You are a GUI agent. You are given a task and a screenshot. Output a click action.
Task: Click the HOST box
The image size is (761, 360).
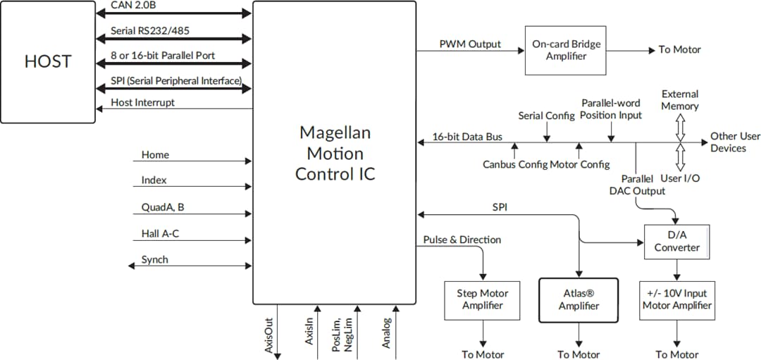(48, 62)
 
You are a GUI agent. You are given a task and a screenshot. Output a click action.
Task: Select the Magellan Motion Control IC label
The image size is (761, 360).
(335, 153)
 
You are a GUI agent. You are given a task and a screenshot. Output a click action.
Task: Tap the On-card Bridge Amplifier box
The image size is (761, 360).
(566, 50)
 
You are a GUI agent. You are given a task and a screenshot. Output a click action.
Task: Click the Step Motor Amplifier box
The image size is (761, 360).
(483, 299)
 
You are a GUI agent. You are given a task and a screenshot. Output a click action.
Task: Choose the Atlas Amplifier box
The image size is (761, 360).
(579, 299)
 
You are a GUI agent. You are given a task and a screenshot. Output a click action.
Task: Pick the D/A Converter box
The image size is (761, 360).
(676, 242)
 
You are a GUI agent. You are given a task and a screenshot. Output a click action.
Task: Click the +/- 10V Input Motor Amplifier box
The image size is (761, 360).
(676, 299)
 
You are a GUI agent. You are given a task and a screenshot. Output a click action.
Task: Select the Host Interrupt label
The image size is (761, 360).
(143, 102)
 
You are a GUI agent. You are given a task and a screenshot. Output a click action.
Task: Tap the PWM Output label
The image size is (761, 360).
(470, 44)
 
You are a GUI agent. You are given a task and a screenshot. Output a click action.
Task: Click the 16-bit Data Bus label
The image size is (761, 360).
(467, 137)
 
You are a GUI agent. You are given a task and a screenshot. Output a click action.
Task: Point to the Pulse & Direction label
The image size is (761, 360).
(462, 240)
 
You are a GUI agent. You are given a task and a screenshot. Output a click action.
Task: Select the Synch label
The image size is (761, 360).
(155, 259)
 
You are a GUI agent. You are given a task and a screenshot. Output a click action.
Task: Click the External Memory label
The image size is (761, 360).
(680, 100)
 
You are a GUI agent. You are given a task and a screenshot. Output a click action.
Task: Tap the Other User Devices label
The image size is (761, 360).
(735, 142)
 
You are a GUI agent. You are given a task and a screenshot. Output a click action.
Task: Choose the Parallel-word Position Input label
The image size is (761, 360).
(611, 109)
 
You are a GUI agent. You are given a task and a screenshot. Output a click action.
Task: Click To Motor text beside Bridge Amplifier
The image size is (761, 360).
(679, 50)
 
